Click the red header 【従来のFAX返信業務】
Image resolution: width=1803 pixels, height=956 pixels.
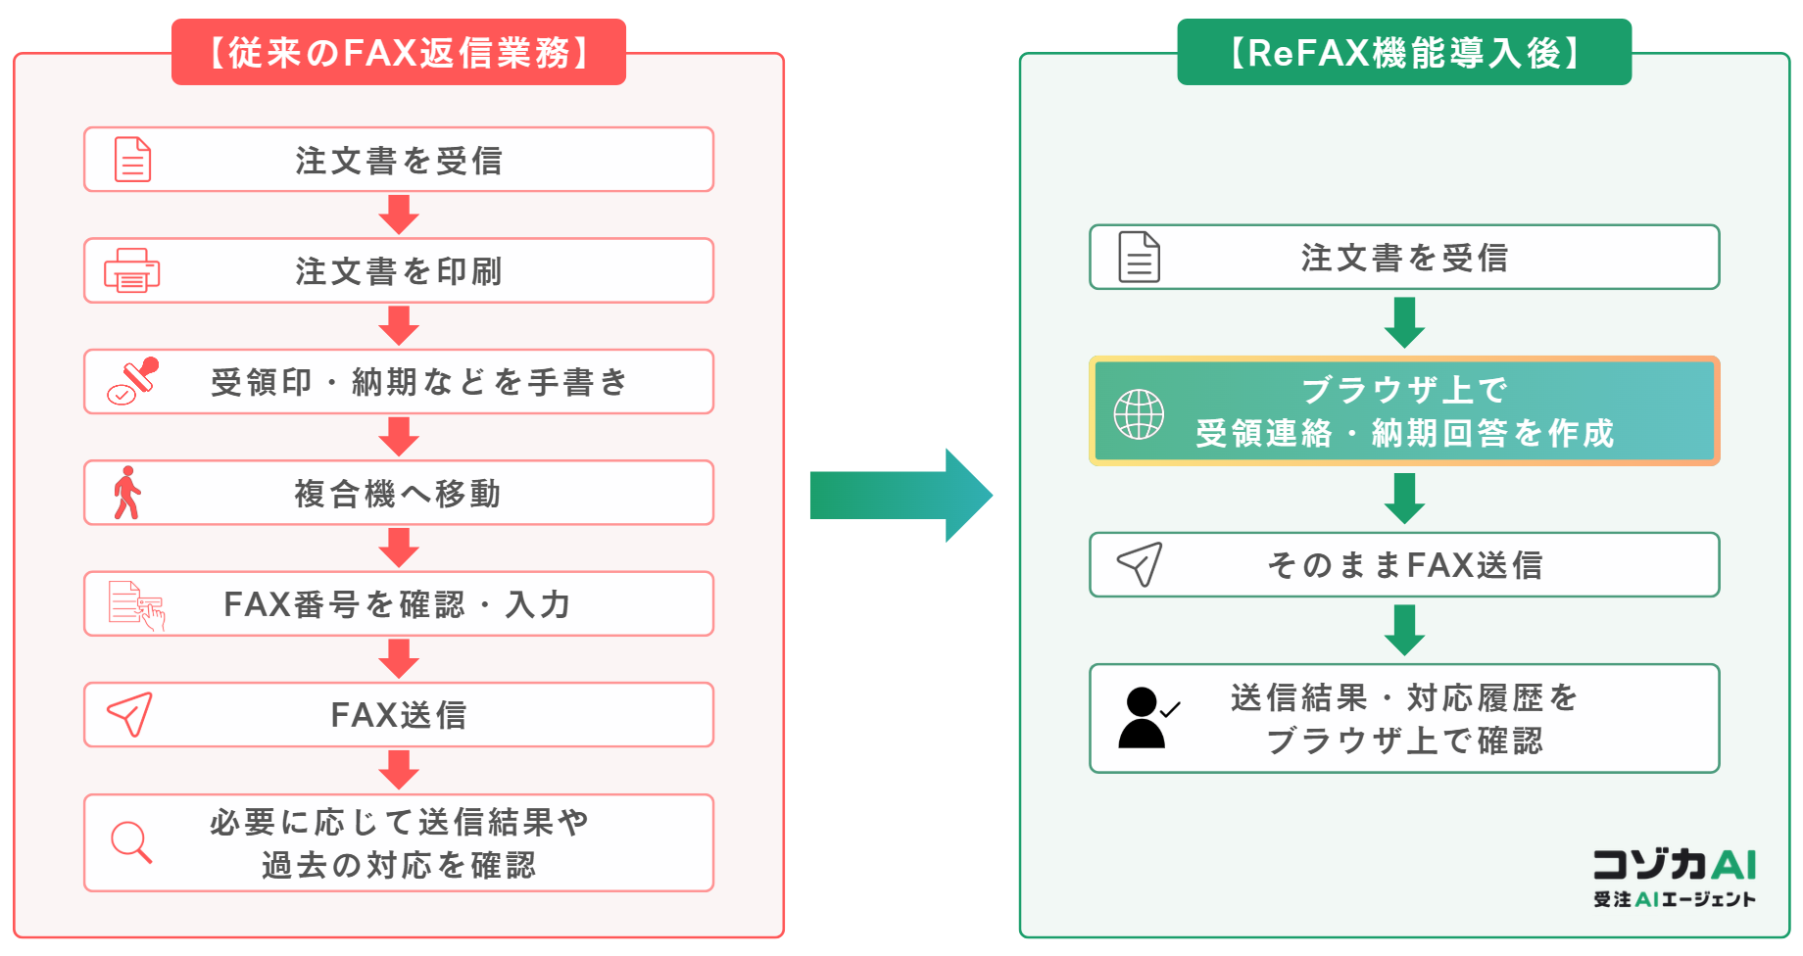[x=399, y=52]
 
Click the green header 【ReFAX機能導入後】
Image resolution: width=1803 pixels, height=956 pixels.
[x=1404, y=52]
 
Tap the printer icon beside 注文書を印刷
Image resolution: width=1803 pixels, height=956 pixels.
[x=132, y=270]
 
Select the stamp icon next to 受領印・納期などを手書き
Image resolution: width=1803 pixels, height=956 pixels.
[x=133, y=381]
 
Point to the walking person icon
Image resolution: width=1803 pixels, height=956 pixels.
[x=127, y=493]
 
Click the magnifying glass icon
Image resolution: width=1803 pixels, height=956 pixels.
[x=131, y=842]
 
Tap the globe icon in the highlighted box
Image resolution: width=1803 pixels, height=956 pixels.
[x=1139, y=413]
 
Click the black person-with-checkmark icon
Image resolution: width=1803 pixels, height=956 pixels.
[x=1148, y=718]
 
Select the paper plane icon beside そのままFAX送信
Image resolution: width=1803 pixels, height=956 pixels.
[x=1140, y=564]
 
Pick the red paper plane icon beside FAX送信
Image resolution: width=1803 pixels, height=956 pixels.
[x=129, y=714]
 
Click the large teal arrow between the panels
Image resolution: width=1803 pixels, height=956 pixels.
[x=901, y=496]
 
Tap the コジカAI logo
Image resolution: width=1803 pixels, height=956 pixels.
[x=1675, y=878]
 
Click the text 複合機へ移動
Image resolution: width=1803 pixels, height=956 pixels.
[x=398, y=494]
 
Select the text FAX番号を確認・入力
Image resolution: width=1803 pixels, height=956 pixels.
[x=397, y=604]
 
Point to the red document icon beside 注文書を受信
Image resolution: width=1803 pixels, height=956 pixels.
[x=132, y=159]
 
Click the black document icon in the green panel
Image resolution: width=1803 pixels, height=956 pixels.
[x=1139, y=257]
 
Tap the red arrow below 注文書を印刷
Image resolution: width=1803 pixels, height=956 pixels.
[x=399, y=326]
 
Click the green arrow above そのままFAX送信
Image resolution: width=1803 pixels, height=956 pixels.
[x=1404, y=499]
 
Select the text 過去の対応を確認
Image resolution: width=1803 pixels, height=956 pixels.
[x=399, y=865]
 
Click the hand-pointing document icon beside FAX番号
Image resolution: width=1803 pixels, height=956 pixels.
[x=136, y=605]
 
